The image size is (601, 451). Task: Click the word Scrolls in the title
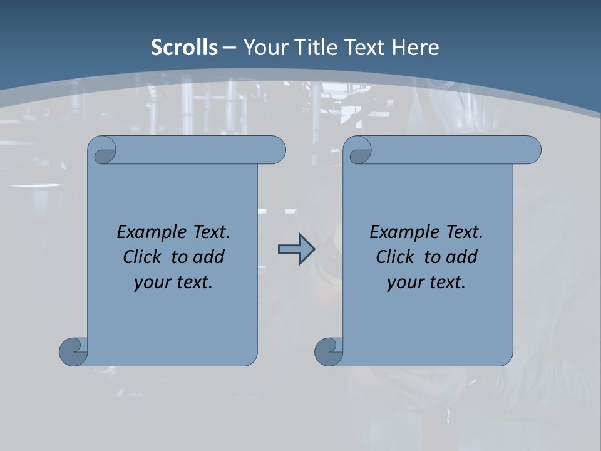coord(184,48)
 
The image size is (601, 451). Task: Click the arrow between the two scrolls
coord(296,249)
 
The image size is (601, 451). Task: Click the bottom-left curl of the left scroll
coord(73,351)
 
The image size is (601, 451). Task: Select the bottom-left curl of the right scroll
coord(329,351)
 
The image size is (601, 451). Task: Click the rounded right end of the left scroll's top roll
coord(275,150)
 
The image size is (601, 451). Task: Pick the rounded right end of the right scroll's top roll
coord(531,150)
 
